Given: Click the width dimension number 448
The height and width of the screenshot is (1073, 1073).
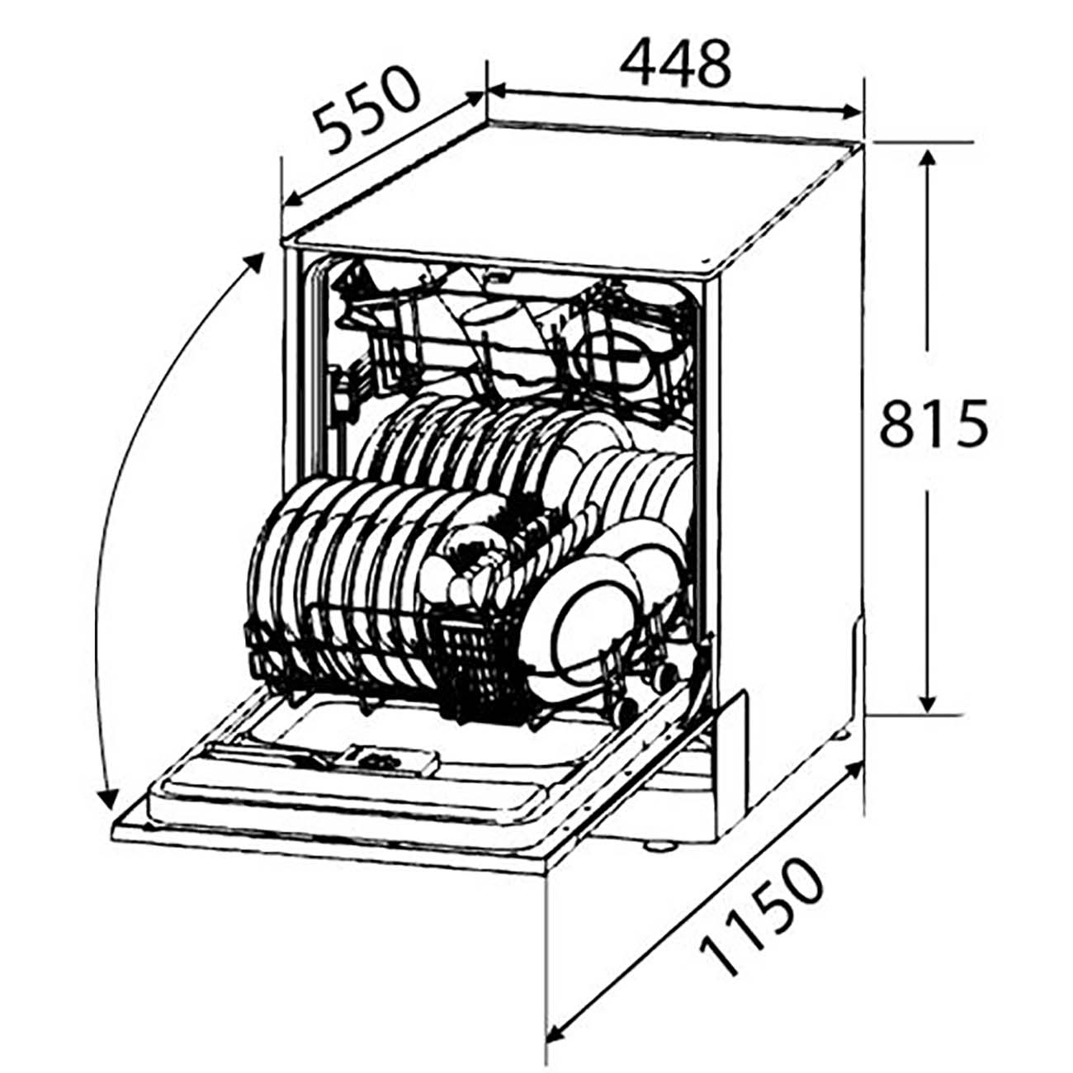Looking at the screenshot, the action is point(674,64).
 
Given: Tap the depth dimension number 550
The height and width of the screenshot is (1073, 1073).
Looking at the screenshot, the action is point(366,112).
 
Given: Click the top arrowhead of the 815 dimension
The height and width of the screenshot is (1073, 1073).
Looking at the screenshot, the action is point(927,162).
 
